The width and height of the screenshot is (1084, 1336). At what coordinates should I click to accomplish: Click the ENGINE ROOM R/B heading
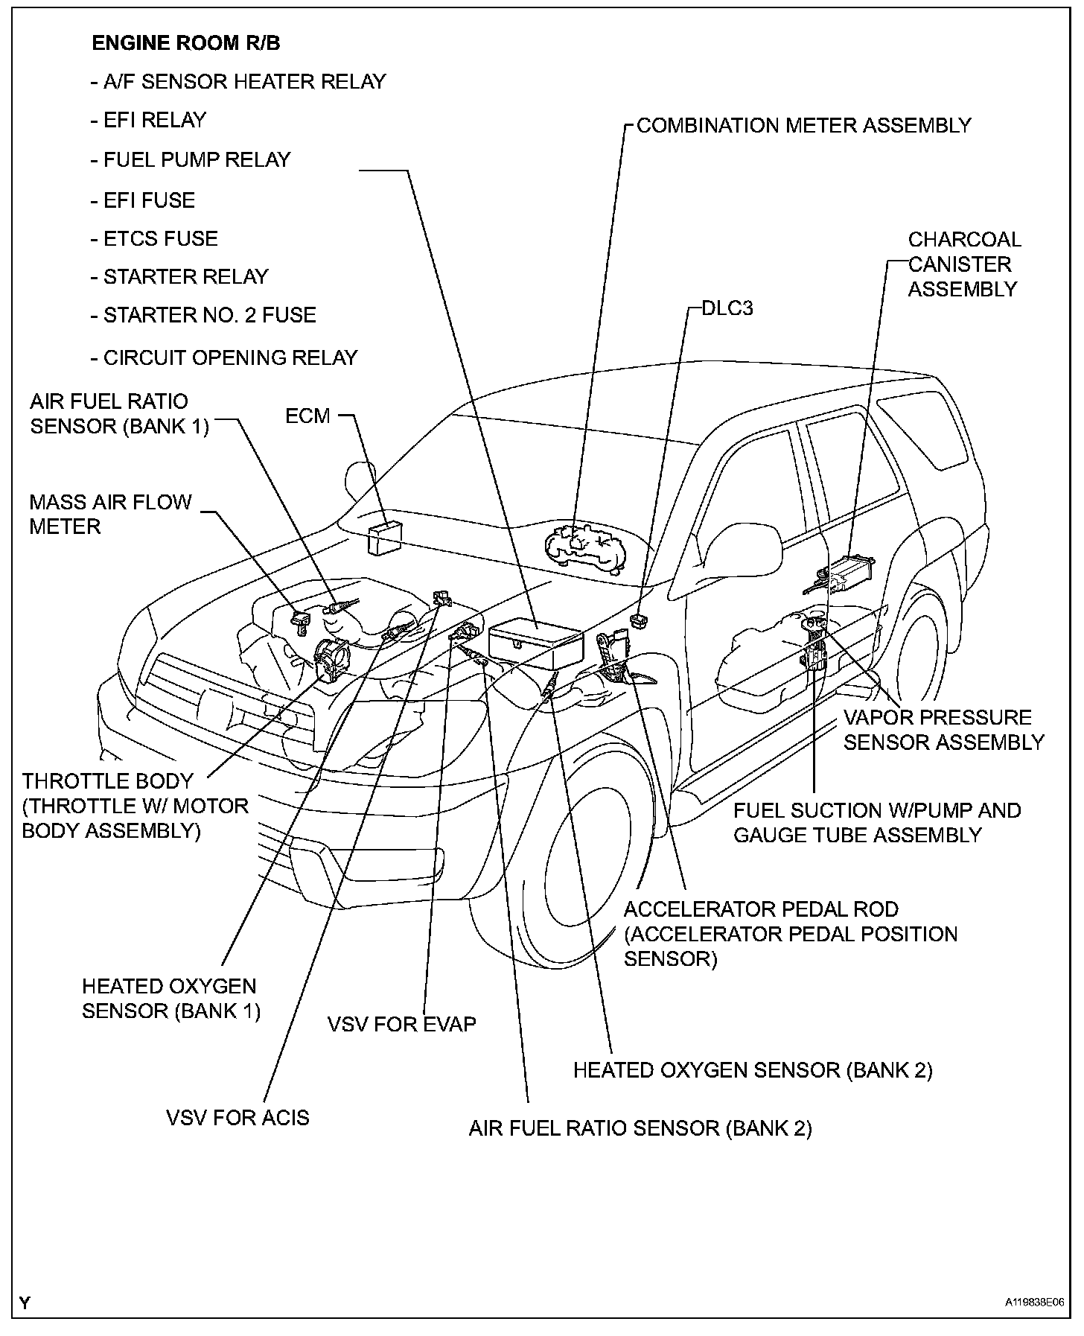coord(186,43)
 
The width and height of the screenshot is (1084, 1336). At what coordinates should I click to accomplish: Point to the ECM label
coord(307,416)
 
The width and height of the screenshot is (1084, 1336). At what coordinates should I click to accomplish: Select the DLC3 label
coord(727,308)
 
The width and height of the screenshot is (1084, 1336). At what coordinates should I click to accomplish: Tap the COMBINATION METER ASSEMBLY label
coord(803,125)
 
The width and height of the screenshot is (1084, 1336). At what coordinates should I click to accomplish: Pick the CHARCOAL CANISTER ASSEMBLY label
coord(964,264)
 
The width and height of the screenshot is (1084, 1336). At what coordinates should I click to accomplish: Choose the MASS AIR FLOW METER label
coord(110,514)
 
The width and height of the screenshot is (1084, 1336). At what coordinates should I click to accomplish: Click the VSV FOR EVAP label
coord(401,1024)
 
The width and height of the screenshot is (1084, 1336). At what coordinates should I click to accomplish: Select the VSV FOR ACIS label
coord(237,1117)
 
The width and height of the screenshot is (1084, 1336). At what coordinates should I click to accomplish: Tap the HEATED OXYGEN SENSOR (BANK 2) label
coord(752,1070)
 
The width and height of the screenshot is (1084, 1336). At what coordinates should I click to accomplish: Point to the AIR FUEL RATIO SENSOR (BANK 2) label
coord(640,1128)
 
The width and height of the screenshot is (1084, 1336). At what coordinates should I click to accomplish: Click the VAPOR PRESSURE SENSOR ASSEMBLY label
coord(943,730)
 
